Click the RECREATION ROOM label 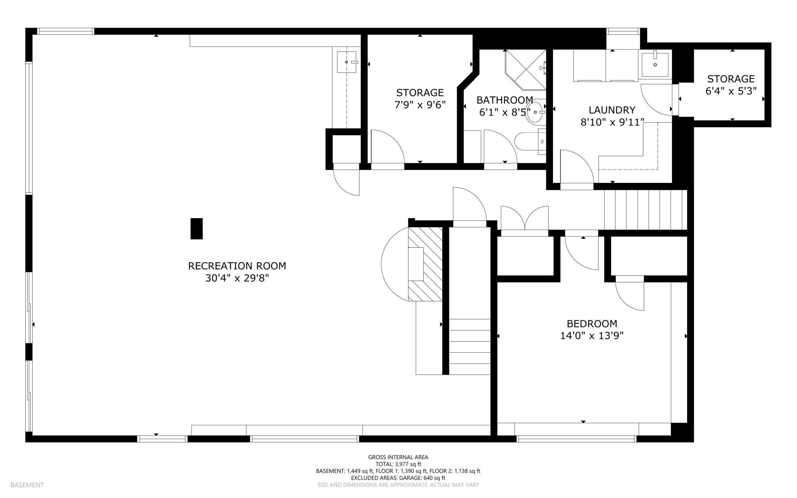point(237,266)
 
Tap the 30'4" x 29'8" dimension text point(237,278)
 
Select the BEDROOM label point(592,324)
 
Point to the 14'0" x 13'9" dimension point(592,336)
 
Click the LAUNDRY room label point(612,110)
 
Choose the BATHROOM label point(505,100)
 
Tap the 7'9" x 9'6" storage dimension point(420,105)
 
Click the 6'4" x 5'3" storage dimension point(731,91)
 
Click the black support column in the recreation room point(197,229)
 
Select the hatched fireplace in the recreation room point(425,264)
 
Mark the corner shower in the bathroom point(525,69)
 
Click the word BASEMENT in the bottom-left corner point(27,485)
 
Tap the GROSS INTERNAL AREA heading point(398,457)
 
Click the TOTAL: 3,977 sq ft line point(398,464)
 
